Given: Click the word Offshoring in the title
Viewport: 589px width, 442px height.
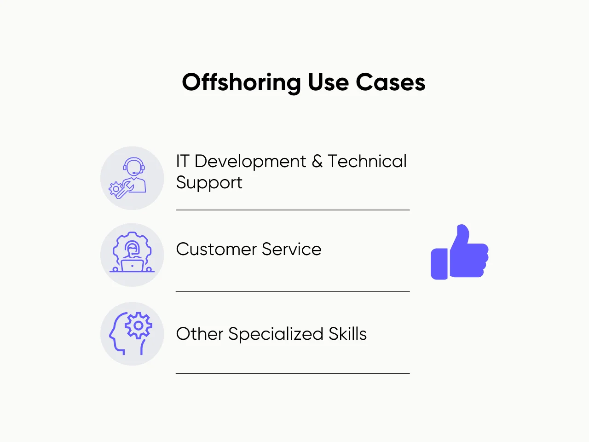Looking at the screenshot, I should point(242,83).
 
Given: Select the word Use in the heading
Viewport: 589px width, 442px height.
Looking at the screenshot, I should point(328,83).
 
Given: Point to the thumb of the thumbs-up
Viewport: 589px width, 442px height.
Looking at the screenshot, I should point(462,235).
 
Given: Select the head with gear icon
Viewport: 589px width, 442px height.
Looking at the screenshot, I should point(132,333).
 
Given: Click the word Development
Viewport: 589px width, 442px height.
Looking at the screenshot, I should point(250,162).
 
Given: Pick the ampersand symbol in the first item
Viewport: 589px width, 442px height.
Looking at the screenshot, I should point(317,162).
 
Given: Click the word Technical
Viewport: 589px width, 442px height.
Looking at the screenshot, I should point(367,162).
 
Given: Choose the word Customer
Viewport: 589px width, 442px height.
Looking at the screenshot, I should point(216,250).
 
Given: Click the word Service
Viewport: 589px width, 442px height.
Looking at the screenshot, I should point(292,250).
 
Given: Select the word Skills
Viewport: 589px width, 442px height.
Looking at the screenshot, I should point(347,334).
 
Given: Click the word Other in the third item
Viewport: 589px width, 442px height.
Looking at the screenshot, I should point(199,334).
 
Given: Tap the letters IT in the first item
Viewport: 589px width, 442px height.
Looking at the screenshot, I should point(182,162).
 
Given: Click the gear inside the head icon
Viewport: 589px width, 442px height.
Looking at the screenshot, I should point(138,326).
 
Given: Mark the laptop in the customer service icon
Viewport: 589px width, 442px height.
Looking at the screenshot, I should point(132,266).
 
